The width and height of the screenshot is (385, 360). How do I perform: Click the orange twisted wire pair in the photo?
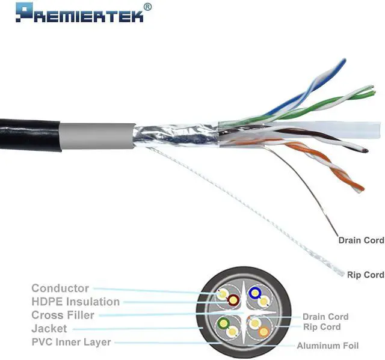(325, 168)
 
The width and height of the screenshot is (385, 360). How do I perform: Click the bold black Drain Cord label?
(361, 240)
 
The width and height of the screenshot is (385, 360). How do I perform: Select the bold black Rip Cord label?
(365, 275)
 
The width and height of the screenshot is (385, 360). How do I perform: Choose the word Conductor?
(60, 288)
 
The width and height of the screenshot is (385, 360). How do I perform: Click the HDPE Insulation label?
(75, 302)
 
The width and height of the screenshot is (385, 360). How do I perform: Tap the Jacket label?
(49, 329)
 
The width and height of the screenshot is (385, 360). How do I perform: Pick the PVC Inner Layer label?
(71, 342)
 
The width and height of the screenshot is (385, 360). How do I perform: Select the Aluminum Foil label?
(328, 346)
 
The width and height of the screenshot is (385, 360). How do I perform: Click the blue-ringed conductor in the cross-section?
(255, 293)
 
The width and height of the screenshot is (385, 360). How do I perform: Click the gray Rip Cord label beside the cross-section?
(322, 327)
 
